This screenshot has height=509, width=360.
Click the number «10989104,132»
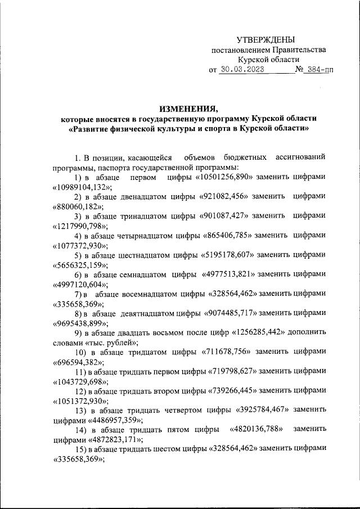83,188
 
